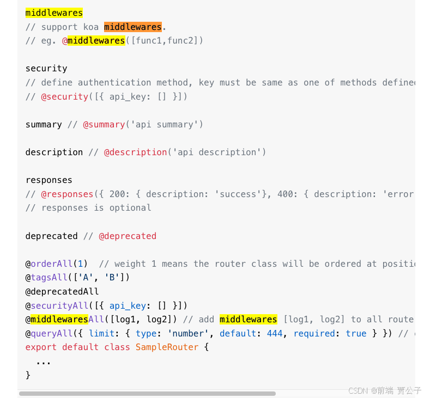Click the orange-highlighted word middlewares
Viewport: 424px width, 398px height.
tap(133, 27)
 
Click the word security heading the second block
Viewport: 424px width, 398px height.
tap(46, 69)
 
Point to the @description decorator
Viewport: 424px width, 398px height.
tap(135, 152)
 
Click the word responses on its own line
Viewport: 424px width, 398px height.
tap(49, 180)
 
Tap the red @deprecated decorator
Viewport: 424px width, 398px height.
tap(128, 236)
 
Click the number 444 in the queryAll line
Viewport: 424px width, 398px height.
tap(275, 333)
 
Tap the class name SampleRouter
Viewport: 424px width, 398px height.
tap(167, 347)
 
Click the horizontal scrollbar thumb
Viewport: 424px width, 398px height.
tap(147, 393)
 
